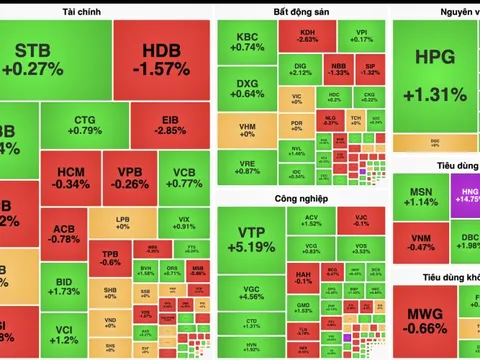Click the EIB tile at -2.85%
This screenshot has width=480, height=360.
click(x=172, y=125)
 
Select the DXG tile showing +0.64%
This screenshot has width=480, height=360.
click(x=246, y=87)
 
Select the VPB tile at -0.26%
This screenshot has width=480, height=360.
click(x=125, y=177)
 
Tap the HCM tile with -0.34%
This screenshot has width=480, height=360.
click(x=72, y=177)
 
